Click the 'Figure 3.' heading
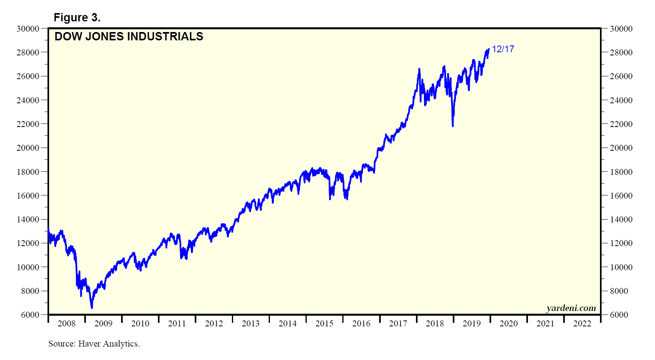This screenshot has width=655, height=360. coord(77,17)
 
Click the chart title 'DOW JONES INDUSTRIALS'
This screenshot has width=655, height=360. coord(129,36)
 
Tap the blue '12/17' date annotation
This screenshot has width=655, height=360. coord(503,49)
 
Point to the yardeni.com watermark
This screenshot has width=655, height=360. coord(571,308)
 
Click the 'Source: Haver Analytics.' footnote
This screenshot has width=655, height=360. coord(94,343)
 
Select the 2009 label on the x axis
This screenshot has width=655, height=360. coord(103,324)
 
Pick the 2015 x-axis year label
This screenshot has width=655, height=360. coord(324,324)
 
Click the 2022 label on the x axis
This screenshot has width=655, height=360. coord(582,324)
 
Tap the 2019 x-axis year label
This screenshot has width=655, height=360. coord(471,324)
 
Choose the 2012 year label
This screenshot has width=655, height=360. coord(214,324)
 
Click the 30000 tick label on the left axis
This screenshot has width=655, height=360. coord(28,28)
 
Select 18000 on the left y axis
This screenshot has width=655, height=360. coord(28,172)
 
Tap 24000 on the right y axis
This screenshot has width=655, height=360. coord(621,100)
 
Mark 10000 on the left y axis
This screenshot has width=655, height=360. coord(28,267)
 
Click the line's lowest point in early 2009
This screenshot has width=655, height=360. coord(92,308)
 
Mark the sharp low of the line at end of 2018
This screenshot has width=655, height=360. coord(453,126)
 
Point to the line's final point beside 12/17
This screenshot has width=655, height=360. coord(489,49)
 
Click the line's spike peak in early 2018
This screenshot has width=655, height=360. coord(419,69)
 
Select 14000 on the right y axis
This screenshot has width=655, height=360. coord(621,219)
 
